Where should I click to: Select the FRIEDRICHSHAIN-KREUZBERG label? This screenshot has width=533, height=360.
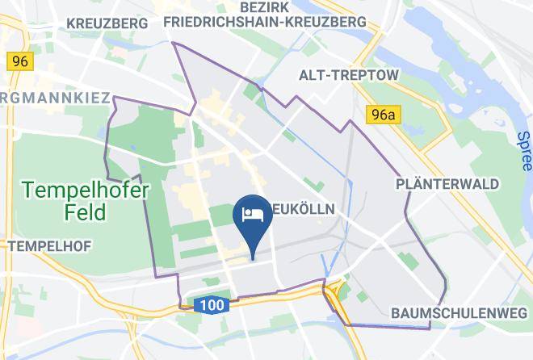271,23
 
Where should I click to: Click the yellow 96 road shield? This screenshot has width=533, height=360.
20,61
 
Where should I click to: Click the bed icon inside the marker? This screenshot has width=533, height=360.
252,213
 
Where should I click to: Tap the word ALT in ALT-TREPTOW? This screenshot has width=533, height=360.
312,75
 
